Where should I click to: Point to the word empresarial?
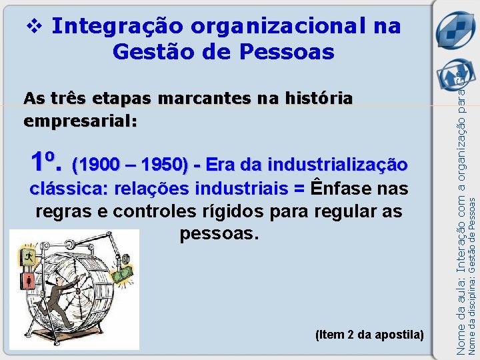[x=79, y=122]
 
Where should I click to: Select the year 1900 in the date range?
[x=93, y=164]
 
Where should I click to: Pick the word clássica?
[x=68, y=189]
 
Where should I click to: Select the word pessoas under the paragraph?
[x=219, y=235]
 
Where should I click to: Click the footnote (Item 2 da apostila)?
[x=369, y=333]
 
